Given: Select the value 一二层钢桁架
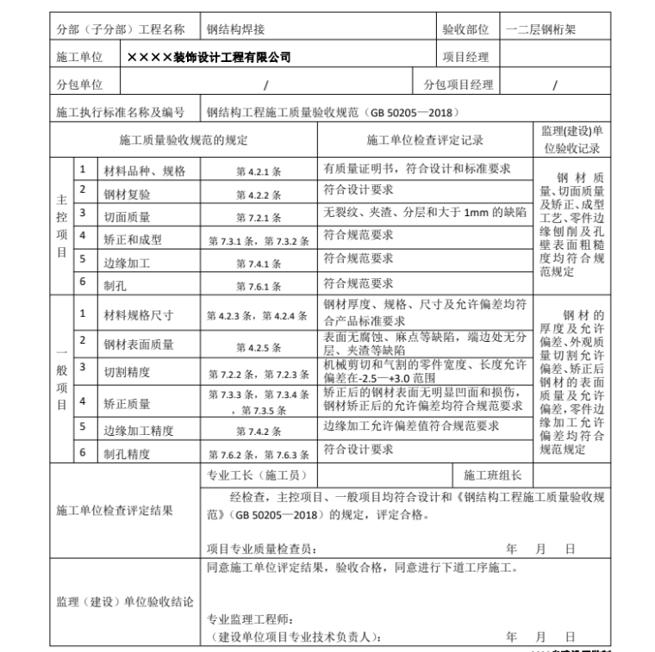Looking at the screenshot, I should pyautogui.click(x=540, y=28).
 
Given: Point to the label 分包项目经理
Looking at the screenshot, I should pyautogui.click(x=458, y=84).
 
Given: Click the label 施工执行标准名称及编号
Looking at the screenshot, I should pyautogui.click(x=120, y=112).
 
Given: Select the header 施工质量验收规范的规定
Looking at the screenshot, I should pyautogui.click(x=182, y=140).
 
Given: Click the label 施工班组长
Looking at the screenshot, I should pyautogui.click(x=492, y=475).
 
